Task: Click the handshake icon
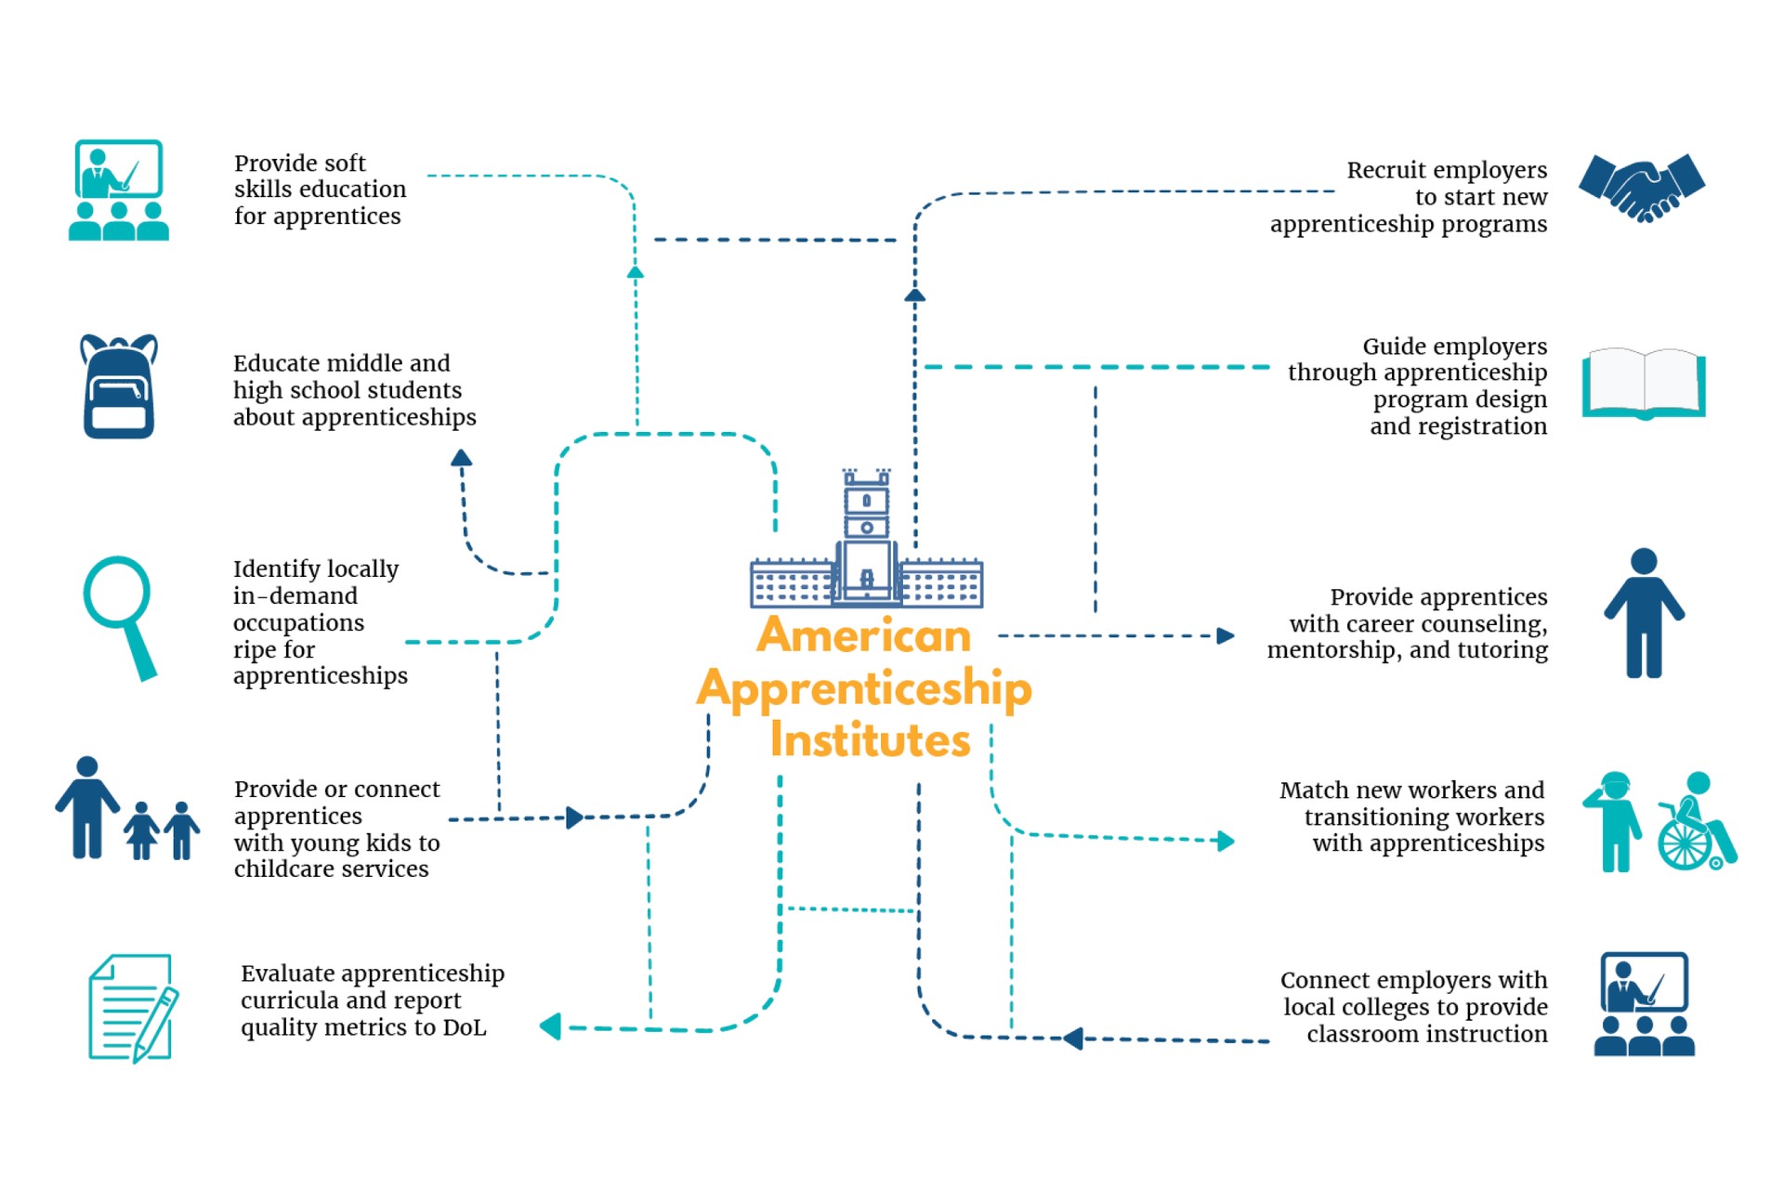[1642, 188]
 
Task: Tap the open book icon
[1644, 384]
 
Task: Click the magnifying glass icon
[121, 615]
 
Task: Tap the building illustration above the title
[866, 544]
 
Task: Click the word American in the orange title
[863, 636]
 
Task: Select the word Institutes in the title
[870, 740]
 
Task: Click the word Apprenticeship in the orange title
[864, 689]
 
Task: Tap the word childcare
[282, 869]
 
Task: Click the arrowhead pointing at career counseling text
[1226, 635]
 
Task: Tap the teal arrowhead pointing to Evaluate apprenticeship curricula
[551, 1026]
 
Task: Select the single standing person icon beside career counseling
[1644, 613]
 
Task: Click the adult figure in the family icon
[87, 807]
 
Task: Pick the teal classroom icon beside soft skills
[119, 190]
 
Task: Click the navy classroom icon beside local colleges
[1644, 1004]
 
